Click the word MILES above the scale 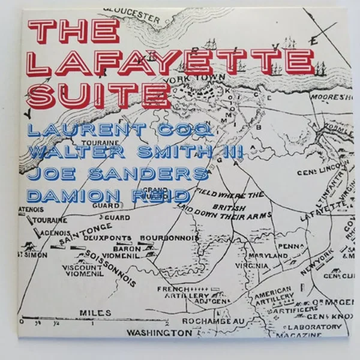[95, 313]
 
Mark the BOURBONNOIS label [169, 238]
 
